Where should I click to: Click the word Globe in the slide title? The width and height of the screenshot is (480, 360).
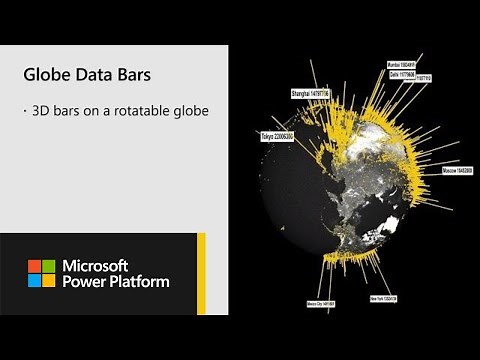46,75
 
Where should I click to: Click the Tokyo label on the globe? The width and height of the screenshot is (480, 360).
277,135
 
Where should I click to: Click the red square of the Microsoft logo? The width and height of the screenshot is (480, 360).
33,266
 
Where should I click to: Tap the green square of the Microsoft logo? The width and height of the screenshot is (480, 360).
48,266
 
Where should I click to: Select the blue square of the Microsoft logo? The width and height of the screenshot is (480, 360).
33,281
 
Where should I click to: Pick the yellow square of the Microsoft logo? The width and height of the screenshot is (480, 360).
48,281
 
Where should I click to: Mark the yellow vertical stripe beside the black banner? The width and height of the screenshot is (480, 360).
201,273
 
